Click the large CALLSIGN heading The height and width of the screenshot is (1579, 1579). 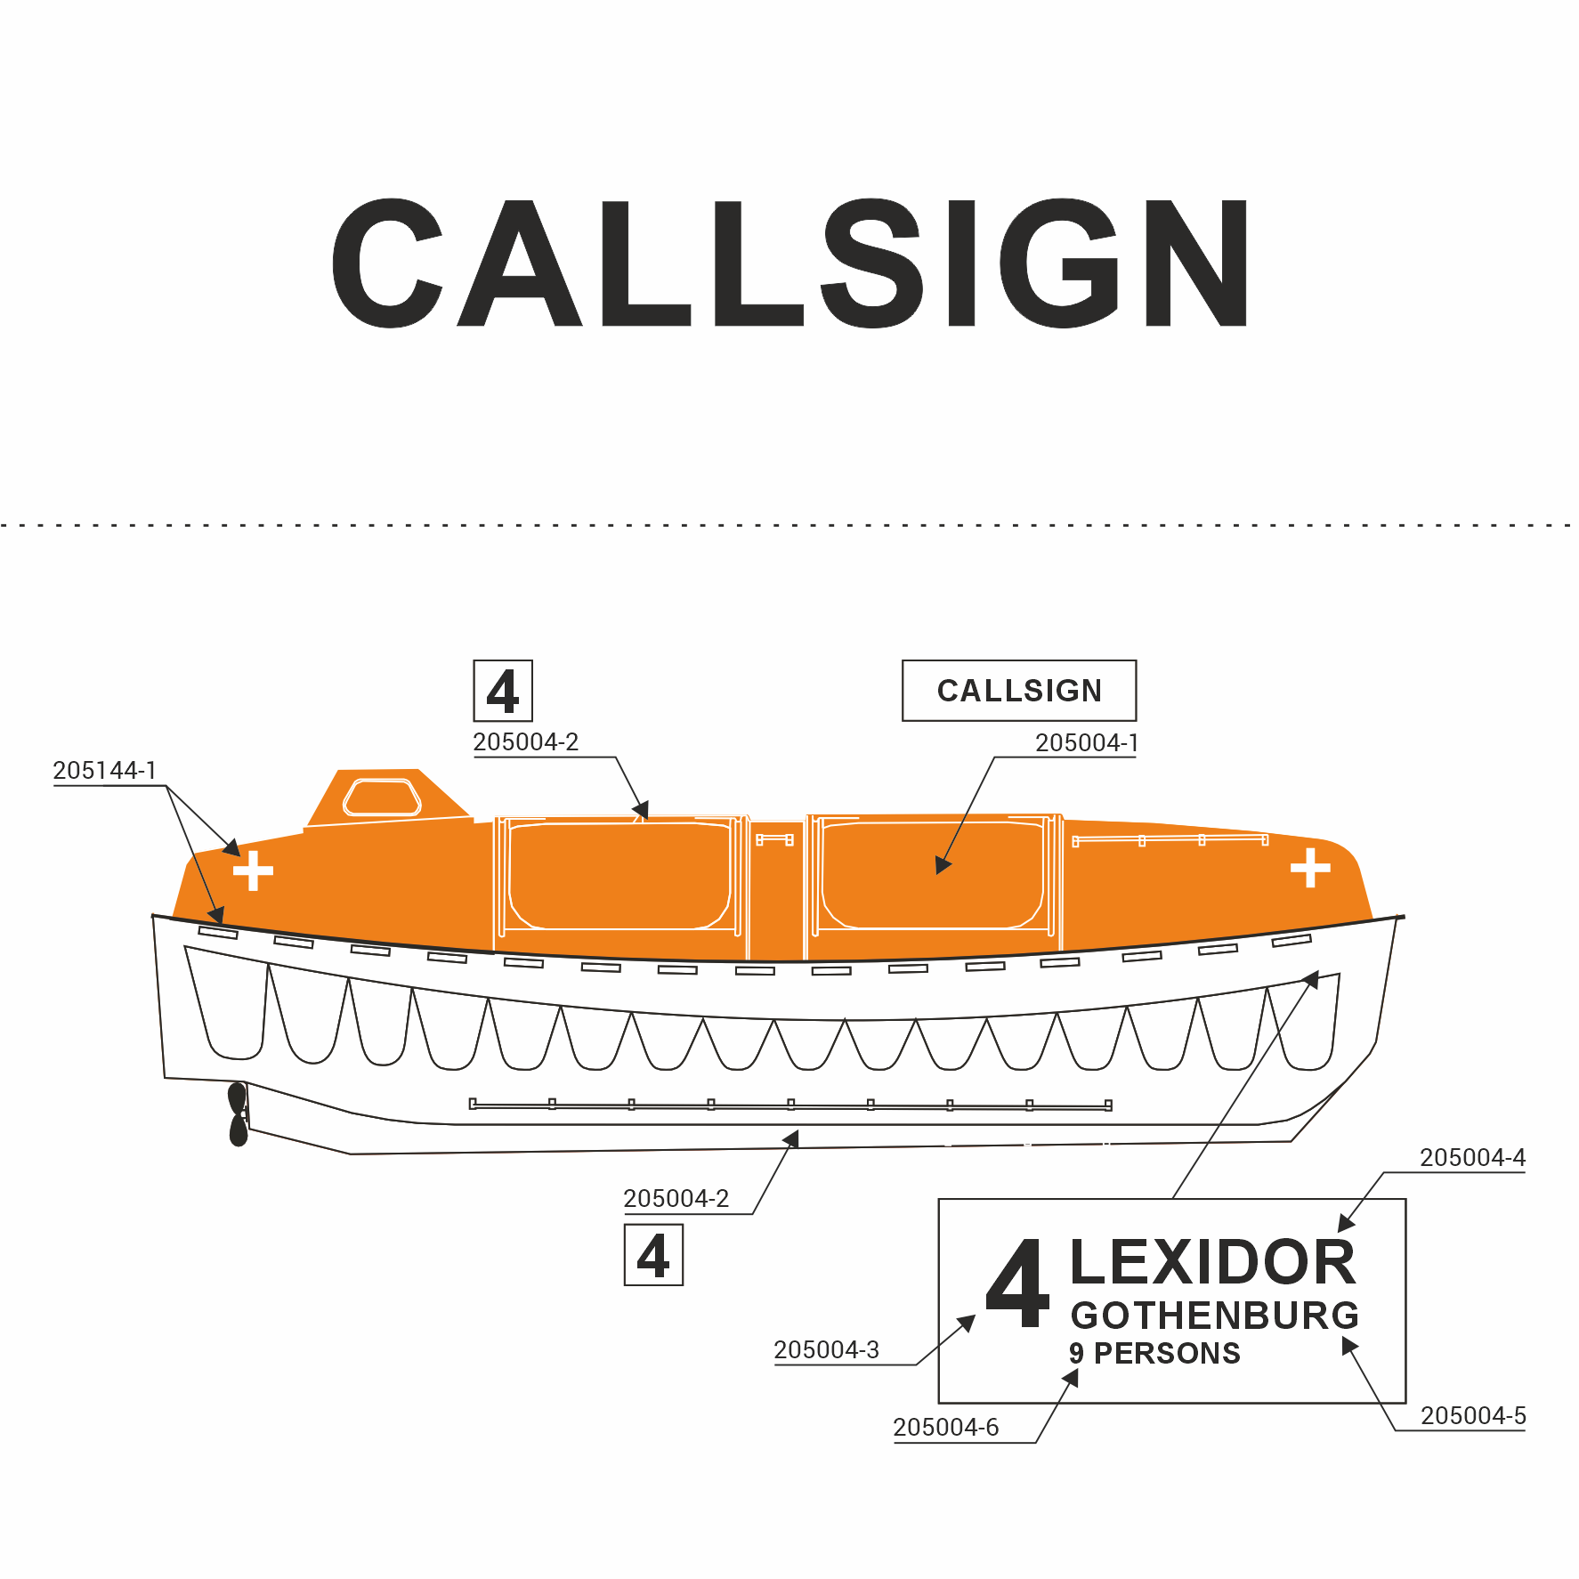pyautogui.click(x=790, y=263)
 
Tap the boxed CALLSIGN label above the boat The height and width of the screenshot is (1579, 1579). pyautogui.click(x=1019, y=691)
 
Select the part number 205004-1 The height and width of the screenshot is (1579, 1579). pyautogui.click(x=1087, y=742)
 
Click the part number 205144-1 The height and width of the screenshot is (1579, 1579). pyautogui.click(x=104, y=770)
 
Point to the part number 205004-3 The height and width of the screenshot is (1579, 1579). pyautogui.click(x=826, y=1350)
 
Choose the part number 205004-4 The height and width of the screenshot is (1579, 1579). pyautogui.click(x=1472, y=1157)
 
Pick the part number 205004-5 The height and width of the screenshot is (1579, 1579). pyautogui.click(x=1473, y=1415)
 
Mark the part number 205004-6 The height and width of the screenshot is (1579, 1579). pyautogui.click(x=945, y=1428)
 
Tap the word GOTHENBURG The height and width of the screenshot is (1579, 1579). pyautogui.click(x=1215, y=1316)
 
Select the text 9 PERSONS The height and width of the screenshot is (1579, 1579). pyautogui.click(x=1154, y=1354)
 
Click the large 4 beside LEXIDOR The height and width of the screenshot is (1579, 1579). pyautogui.click(x=1017, y=1284)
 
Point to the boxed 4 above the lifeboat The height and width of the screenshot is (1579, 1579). pyautogui.click(x=503, y=691)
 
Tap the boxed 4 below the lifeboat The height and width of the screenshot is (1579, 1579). pyautogui.click(x=653, y=1255)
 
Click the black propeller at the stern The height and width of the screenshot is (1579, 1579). pyautogui.click(x=238, y=1114)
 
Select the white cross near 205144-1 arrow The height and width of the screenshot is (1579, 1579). pyautogui.click(x=253, y=870)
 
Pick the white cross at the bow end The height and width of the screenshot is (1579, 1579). pyautogui.click(x=1310, y=868)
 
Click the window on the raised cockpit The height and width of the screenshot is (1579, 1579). pyautogui.click(x=382, y=797)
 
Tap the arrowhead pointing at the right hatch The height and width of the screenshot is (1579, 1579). pyautogui.click(x=943, y=864)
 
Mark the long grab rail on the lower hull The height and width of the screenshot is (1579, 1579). pyautogui.click(x=790, y=1105)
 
